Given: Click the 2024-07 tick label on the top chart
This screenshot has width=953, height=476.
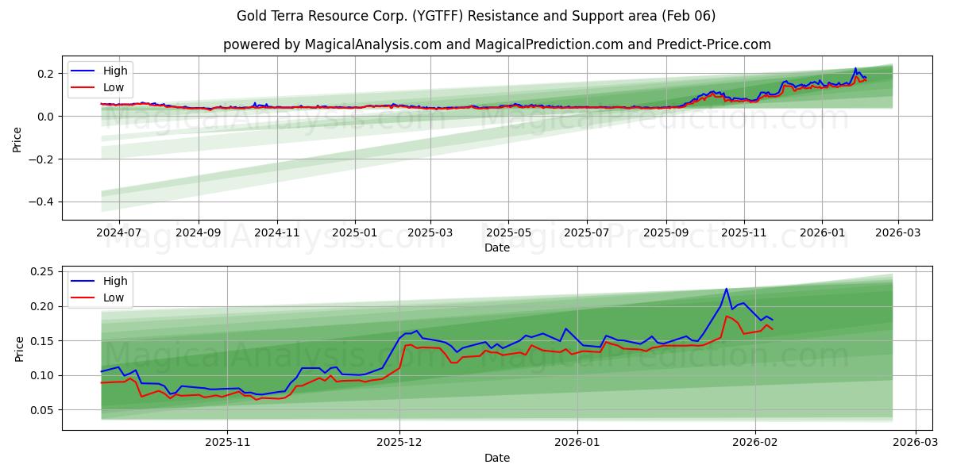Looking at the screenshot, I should pos(118,232).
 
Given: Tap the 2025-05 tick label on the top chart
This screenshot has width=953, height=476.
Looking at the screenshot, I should pos(508,232).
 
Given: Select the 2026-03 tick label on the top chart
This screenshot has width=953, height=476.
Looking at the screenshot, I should pos(898,232).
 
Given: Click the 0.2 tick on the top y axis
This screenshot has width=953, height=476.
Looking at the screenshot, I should pos(44,74).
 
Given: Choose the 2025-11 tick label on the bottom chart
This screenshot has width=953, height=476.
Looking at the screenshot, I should pos(228,443).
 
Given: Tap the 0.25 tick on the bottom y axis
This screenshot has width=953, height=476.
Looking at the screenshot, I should pos(41,271).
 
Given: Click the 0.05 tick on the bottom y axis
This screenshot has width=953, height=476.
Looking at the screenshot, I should pos(41,410).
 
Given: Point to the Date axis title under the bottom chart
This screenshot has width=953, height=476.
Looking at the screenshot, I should pos(497,458).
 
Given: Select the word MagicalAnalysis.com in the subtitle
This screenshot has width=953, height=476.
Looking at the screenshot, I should pos(372,44).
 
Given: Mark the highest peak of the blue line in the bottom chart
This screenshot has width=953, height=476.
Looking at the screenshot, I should pos(726,289).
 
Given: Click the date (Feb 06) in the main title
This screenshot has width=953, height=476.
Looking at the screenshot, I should pos(689,16).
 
